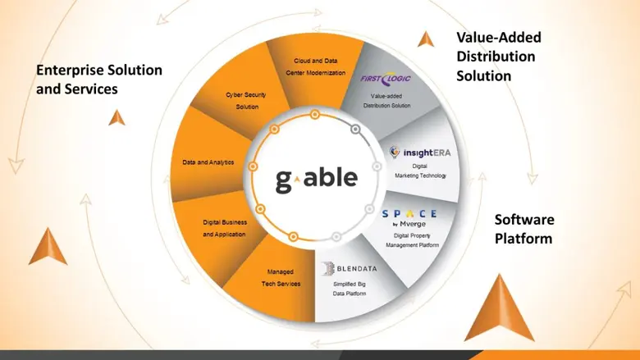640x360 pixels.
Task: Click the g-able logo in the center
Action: pos(316,177)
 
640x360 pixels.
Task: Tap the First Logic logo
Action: pos(386,80)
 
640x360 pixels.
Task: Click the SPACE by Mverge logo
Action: pos(409,217)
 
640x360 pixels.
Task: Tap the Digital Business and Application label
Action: pos(224,228)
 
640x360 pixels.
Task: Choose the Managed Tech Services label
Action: pos(283,277)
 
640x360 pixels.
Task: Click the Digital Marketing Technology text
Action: pos(419,171)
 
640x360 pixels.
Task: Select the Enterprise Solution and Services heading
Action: pos(98,79)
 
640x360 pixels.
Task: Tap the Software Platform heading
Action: pos(524,229)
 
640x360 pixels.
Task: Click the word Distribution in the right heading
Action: pos(496,57)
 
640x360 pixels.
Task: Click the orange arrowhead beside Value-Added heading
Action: pos(425,39)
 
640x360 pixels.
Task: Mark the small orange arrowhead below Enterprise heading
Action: pos(117,116)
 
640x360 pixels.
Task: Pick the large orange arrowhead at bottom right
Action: pos(499,308)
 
